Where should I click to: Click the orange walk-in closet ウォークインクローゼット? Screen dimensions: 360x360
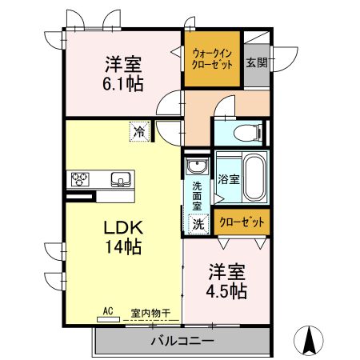pyautogui.click(x=212, y=59)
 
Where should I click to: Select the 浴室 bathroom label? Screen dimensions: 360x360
pyautogui.click(x=228, y=179)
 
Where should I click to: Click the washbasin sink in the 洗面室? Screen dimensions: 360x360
pyautogui.click(x=196, y=168)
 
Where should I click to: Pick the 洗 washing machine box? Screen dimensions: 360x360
pyautogui.click(x=198, y=225)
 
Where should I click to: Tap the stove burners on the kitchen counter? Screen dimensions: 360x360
pyautogui.click(x=82, y=179)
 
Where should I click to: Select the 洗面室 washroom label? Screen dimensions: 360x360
pyautogui.click(x=196, y=197)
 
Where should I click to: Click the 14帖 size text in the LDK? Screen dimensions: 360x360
pyautogui.click(x=122, y=247)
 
